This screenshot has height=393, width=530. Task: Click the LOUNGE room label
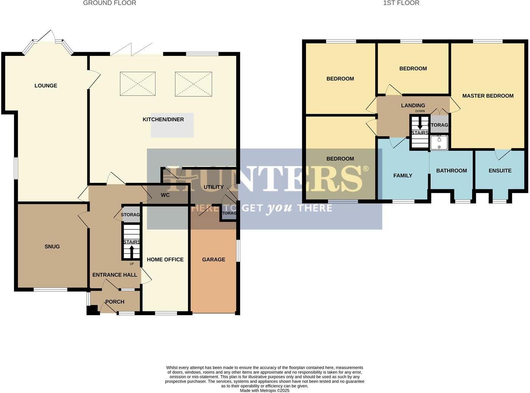click(x=46, y=86)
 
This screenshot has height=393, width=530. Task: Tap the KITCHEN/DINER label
click(x=163, y=119)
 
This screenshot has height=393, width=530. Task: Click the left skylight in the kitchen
click(x=138, y=84)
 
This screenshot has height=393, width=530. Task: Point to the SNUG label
click(x=52, y=246)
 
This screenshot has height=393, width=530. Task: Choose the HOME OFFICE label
click(x=165, y=260)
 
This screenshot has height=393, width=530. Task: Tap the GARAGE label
click(x=213, y=260)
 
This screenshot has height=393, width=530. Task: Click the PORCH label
click(x=115, y=302)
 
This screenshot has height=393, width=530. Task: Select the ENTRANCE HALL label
click(x=115, y=275)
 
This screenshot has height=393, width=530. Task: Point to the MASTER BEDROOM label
click(x=488, y=96)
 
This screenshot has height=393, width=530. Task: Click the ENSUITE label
click(x=500, y=171)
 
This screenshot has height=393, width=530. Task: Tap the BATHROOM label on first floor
click(x=451, y=171)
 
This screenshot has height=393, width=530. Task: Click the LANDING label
click(x=413, y=106)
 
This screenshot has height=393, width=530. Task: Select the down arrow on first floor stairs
click(x=420, y=124)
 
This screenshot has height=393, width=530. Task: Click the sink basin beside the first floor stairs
click(x=439, y=142)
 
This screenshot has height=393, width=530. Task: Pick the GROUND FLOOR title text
click(x=109, y=3)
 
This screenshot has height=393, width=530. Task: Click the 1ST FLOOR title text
click(x=401, y=3)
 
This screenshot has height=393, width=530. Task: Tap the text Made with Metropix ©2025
click(x=264, y=390)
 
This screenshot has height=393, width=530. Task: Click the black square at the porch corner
click(x=92, y=310)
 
